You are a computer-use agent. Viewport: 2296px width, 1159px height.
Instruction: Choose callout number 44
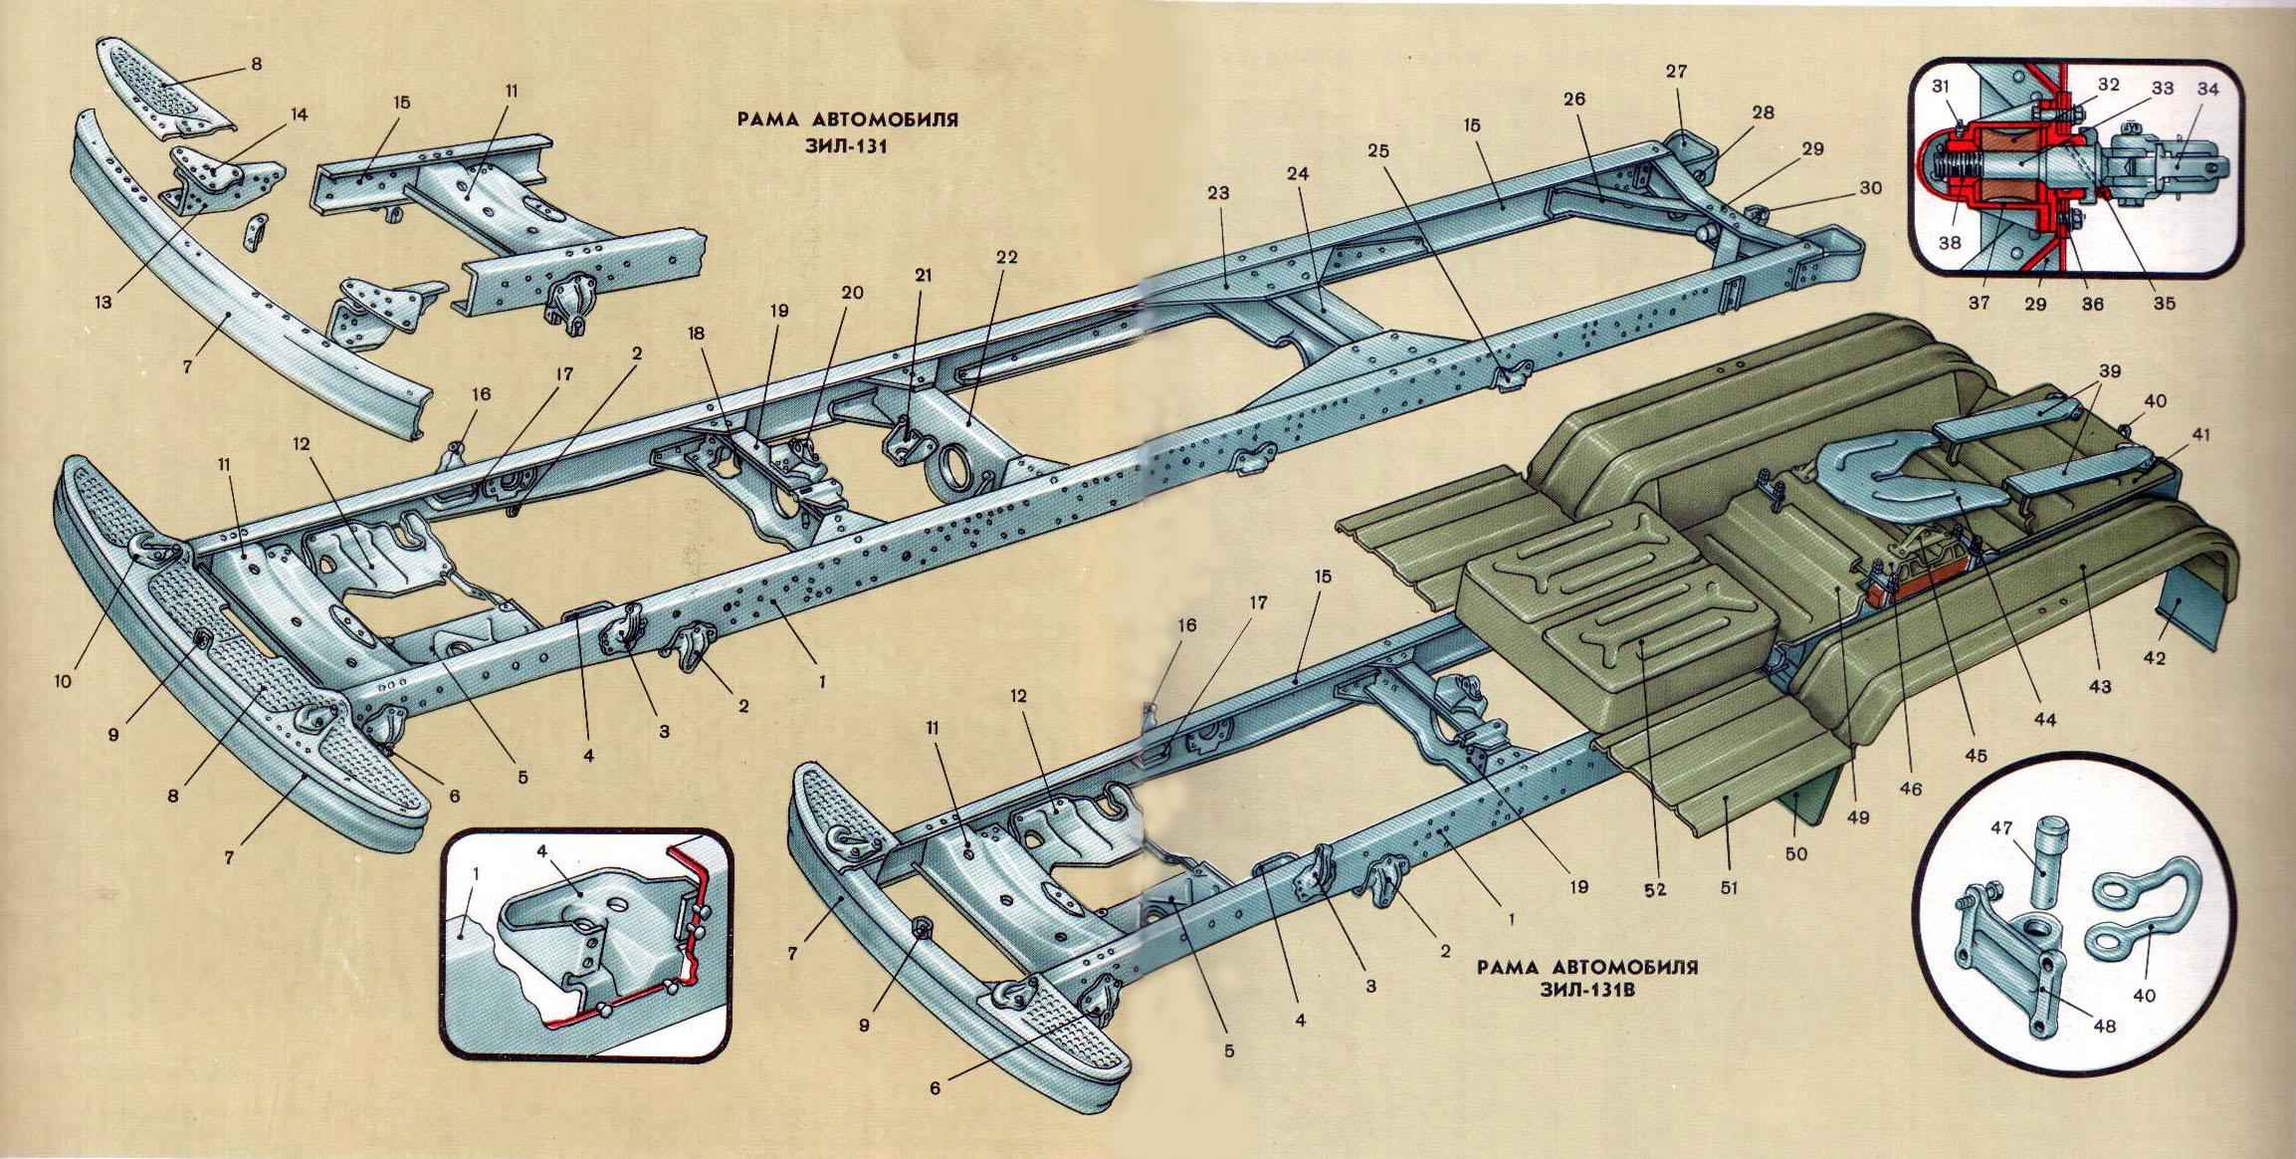coord(2048,718)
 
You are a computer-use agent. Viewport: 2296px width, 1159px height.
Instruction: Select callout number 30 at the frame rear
coord(1871,187)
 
